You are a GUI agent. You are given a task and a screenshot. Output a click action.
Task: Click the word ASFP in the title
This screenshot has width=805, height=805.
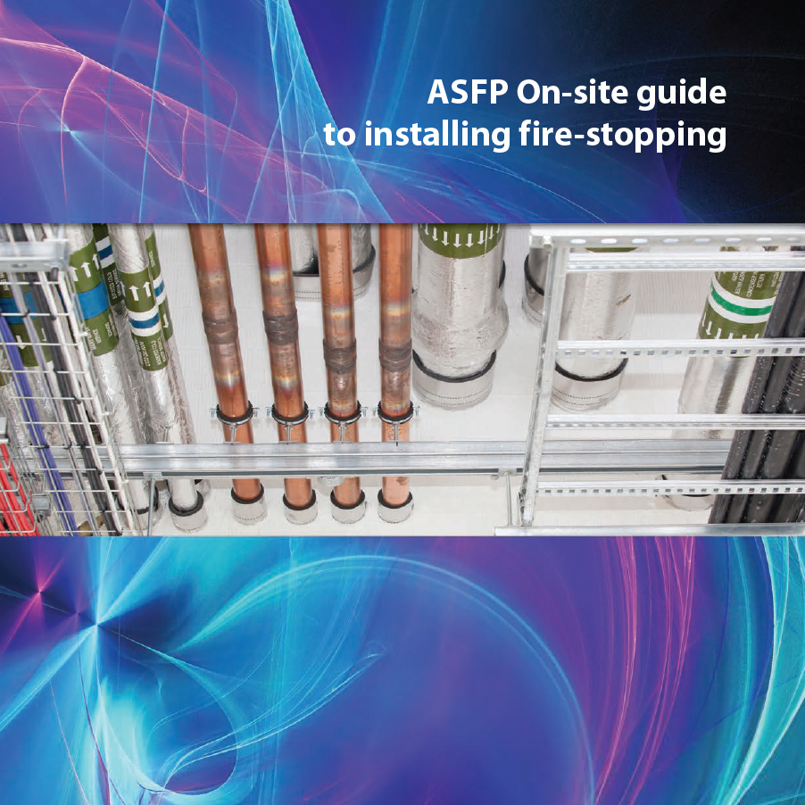click(x=468, y=92)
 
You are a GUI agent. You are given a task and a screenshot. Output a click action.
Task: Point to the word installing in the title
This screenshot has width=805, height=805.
click(x=437, y=135)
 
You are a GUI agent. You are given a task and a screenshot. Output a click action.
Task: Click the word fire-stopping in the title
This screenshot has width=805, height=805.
click(x=622, y=136)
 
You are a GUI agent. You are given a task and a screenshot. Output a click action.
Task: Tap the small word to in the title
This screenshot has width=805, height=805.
click(x=339, y=136)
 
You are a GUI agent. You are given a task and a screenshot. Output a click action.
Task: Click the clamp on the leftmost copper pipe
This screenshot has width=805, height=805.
click(x=234, y=414)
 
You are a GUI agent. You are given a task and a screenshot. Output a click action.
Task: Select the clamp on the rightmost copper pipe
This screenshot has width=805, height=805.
click(x=395, y=413)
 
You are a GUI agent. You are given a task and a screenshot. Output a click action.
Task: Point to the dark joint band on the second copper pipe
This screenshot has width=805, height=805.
click(x=281, y=327)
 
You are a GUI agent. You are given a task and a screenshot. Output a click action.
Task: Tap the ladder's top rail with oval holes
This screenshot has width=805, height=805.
click(x=668, y=240)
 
